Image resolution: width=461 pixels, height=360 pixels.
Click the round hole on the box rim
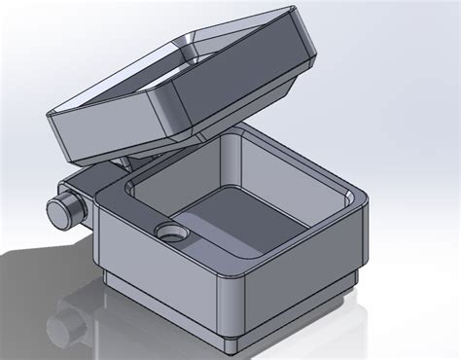pyautogui.click(x=170, y=234)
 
